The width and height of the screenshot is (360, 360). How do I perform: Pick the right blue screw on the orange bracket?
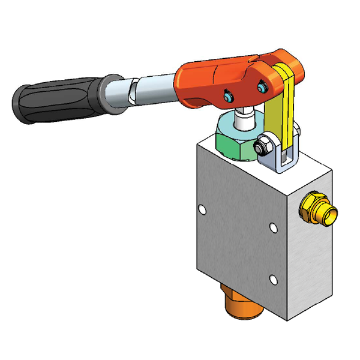point(260,88)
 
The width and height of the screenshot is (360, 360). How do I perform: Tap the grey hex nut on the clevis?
point(263,145)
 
